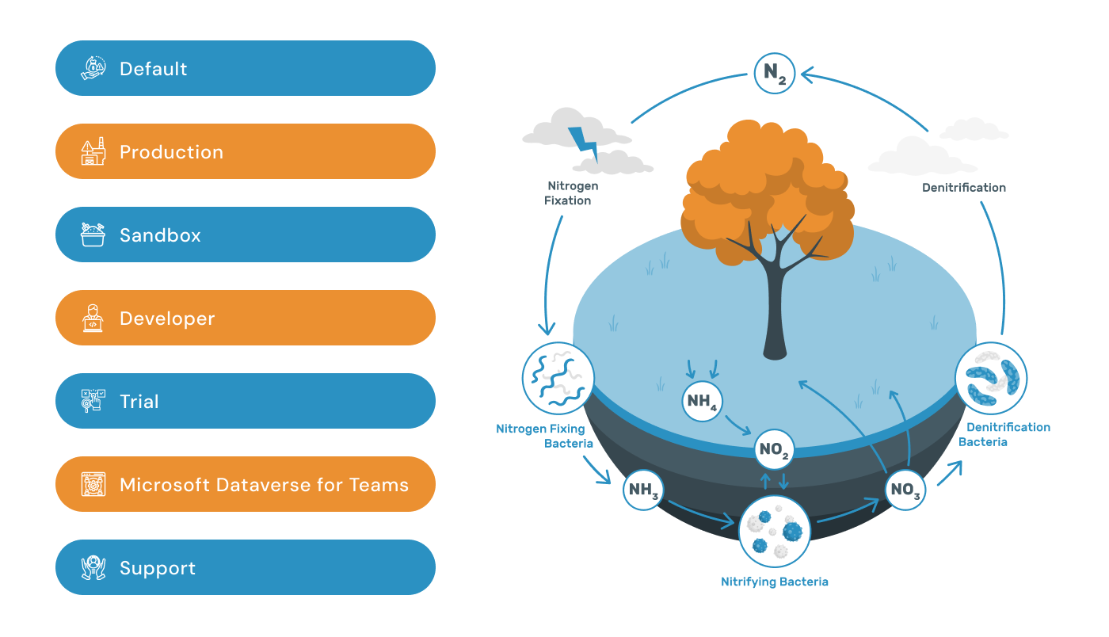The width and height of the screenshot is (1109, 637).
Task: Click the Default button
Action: [246, 69]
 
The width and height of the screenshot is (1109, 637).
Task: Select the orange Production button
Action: [246, 152]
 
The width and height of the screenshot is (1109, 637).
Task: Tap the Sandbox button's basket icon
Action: [93, 235]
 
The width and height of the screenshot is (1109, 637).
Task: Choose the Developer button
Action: [246, 318]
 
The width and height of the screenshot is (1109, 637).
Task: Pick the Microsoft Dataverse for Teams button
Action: [246, 485]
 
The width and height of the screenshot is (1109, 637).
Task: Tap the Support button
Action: [246, 568]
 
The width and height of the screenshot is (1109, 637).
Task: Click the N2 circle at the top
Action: [774, 73]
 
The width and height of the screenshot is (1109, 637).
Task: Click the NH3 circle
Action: [644, 490]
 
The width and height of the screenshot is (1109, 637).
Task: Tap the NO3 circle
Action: [905, 490]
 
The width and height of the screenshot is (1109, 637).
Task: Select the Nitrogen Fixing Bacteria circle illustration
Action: [558, 379]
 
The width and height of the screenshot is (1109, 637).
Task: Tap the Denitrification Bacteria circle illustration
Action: [991, 378]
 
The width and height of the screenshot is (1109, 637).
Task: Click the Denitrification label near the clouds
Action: [963, 188]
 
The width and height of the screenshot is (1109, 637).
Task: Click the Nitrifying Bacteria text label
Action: [774, 582]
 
